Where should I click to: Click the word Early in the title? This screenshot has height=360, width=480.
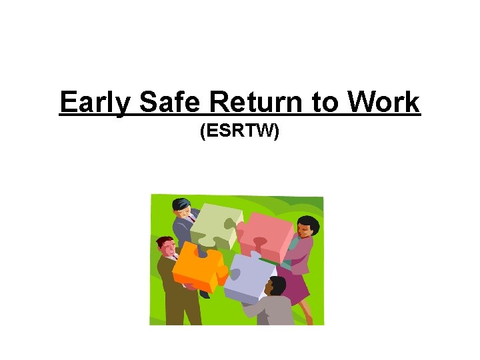96,103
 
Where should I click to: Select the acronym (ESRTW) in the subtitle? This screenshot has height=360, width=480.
240,132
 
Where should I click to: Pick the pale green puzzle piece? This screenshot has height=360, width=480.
213,223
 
